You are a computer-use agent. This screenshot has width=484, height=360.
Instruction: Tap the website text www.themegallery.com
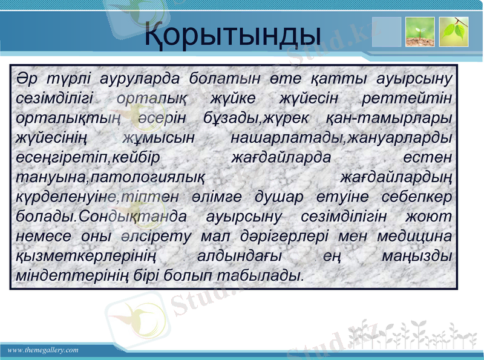pos(43,350)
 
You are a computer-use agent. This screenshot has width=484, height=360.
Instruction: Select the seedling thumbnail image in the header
pos(419,32)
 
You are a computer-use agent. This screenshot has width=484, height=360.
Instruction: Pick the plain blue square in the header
pos(386,32)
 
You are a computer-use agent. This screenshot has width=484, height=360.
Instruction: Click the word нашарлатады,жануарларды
pos(342,137)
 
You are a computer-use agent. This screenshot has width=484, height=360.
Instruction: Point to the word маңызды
pos(417,255)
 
